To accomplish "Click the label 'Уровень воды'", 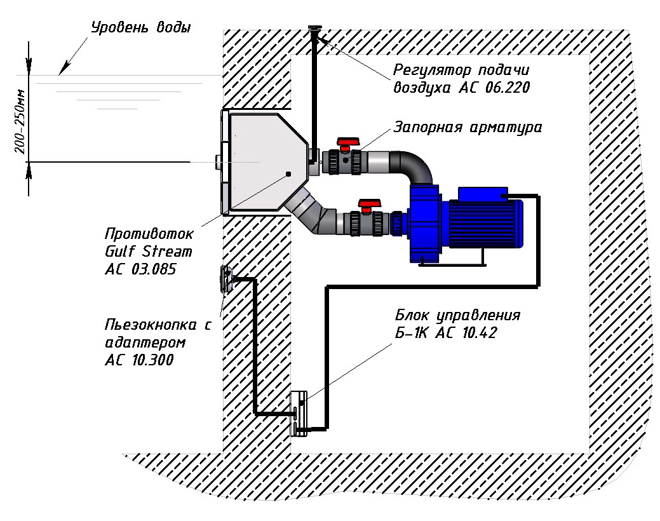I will (x=140, y=28).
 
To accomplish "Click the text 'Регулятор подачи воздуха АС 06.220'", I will (x=461, y=79).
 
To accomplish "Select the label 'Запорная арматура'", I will (x=468, y=127).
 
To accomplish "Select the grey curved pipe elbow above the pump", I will (x=413, y=164).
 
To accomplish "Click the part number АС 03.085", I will (x=140, y=269).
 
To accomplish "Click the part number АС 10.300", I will (x=140, y=360).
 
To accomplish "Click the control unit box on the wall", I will (x=299, y=414).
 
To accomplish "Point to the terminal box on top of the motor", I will (x=483, y=194).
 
